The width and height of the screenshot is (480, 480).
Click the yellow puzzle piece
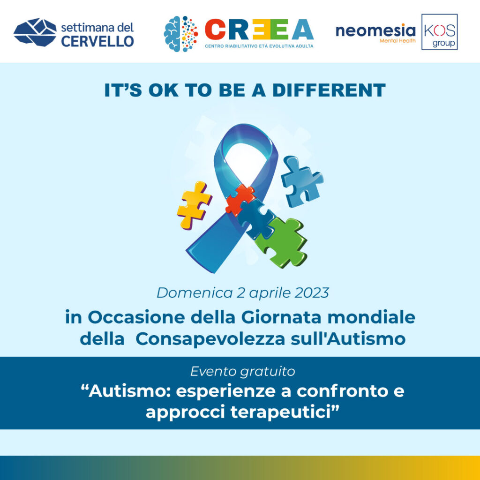tap(194, 204)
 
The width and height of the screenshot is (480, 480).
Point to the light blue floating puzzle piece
tap(301, 181)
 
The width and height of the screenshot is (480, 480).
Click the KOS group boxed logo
tap(439, 31)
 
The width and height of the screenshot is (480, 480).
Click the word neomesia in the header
tap(375, 30)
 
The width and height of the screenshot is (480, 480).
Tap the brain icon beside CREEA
tap(180, 34)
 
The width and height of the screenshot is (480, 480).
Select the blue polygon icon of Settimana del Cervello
tap(35, 32)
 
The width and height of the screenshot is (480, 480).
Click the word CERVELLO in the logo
tap(97, 41)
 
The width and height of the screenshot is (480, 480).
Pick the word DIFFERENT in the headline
tap(329, 90)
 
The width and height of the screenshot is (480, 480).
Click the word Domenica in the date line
tap(195, 292)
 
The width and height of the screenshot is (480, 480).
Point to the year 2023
tap(312, 292)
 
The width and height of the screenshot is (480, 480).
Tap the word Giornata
tap(281, 317)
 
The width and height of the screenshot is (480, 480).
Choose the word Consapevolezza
tap(210, 339)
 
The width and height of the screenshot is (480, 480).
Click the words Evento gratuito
tap(242, 371)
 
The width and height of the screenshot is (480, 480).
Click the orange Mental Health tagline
tap(397, 40)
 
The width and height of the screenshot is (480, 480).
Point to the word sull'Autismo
tap(348, 339)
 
